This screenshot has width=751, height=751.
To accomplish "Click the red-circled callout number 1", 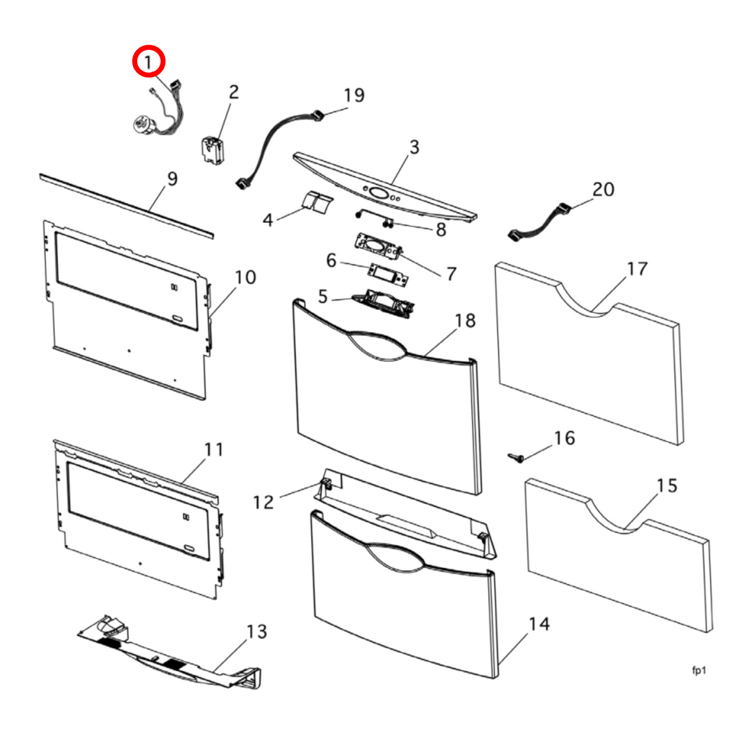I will point(149,62).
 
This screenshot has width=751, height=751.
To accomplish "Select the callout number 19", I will point(354,96).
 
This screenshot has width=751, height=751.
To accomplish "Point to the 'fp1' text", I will point(699,670).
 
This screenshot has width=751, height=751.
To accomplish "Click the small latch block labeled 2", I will point(213,150).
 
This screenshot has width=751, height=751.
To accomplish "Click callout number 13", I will point(257,632).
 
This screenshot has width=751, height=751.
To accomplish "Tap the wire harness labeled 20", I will point(541,222).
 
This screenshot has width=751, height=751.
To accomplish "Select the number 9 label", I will point(173,179).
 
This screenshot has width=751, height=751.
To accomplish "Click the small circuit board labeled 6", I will point(388,275).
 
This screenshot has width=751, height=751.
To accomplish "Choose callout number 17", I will point(637,269).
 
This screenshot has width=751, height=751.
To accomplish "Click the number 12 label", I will point(263,503).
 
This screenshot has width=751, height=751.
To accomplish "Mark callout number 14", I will point(539,624).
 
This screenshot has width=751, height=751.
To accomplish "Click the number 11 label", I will point(214,450).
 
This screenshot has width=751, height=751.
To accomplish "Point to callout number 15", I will point(667,486).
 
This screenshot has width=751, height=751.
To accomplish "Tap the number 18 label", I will point(465,321).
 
